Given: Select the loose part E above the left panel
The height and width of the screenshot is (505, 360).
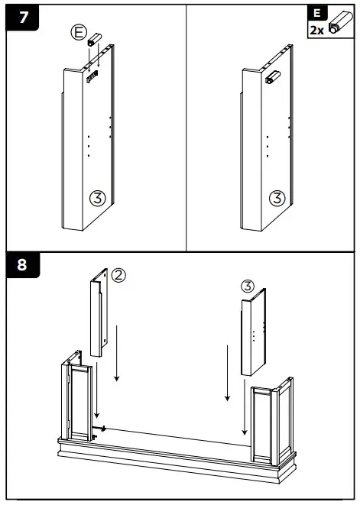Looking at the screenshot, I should coord(96,38).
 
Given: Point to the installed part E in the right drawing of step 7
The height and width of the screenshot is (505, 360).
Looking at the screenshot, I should coord(271,77).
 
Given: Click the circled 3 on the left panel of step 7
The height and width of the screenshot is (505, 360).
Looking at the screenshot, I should coord(97,198).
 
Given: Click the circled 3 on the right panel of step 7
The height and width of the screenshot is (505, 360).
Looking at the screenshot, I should coord(277,198).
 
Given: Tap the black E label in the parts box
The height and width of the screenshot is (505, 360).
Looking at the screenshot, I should coord(316,13).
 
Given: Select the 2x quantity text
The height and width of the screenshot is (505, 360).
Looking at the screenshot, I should coord(316,31).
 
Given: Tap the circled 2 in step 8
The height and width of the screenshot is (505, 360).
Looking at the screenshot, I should coord(119,275).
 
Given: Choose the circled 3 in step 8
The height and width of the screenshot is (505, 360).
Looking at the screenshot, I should coord(246,286).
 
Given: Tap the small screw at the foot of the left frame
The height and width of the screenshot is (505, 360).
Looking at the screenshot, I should coord(100,427).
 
